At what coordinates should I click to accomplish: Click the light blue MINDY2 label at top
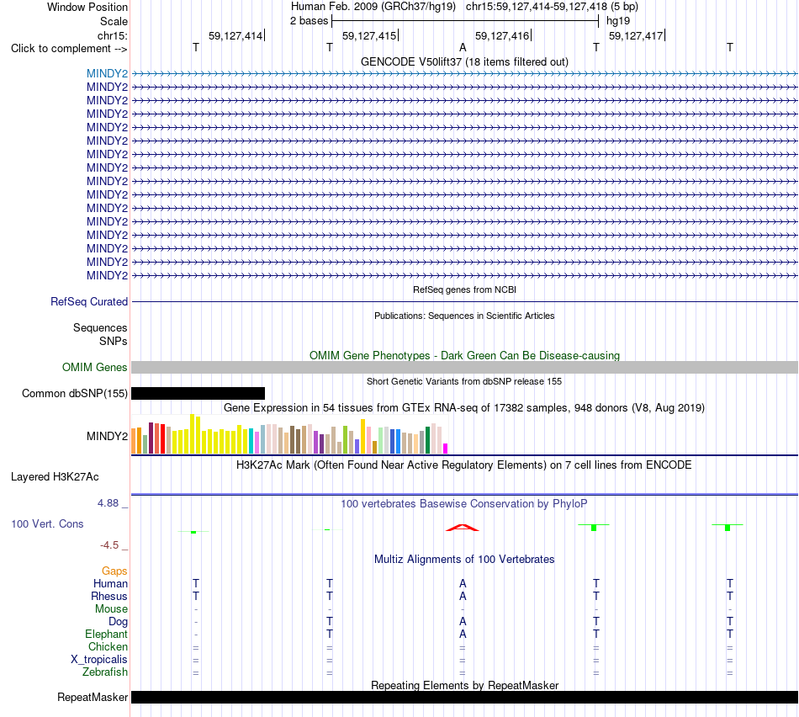click(x=107, y=73)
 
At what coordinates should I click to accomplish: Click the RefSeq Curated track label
click(x=89, y=301)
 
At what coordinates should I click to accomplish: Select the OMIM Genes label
click(x=95, y=367)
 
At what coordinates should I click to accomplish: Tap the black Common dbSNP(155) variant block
click(x=198, y=393)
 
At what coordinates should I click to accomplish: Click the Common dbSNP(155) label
click(x=75, y=393)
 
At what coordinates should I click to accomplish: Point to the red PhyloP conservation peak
click(x=463, y=528)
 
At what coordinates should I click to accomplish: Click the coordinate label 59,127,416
click(x=502, y=35)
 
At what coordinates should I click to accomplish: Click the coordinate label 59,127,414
click(x=235, y=35)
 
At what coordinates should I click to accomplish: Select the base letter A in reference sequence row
click(x=463, y=47)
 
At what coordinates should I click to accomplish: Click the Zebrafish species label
click(x=105, y=672)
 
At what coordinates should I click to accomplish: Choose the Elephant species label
click(x=107, y=634)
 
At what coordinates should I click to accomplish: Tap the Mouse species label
click(x=111, y=608)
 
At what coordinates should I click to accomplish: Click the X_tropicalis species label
click(x=99, y=659)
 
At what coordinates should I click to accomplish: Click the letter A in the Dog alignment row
click(x=463, y=621)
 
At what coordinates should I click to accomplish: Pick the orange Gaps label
click(x=114, y=571)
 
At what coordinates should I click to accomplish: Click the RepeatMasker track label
click(x=93, y=697)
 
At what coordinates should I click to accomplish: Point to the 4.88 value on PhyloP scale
click(x=108, y=502)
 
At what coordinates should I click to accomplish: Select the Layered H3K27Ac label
click(x=55, y=477)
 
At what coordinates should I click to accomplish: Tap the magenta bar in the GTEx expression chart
click(x=446, y=449)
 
